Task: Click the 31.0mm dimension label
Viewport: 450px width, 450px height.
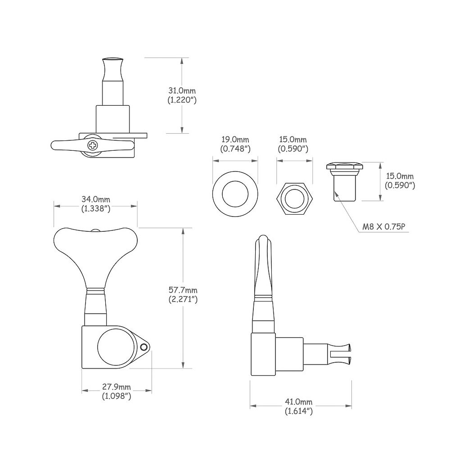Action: (x=182, y=91)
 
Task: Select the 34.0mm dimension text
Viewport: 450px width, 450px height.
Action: (x=96, y=199)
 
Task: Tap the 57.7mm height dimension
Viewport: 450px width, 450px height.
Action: (x=183, y=290)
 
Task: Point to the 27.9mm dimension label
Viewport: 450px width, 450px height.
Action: (x=117, y=387)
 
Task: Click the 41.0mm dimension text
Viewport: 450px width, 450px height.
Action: (x=298, y=402)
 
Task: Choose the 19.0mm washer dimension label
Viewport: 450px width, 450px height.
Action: (x=235, y=140)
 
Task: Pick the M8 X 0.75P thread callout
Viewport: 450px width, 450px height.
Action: (x=384, y=227)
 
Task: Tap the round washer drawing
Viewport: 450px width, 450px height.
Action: (x=235, y=194)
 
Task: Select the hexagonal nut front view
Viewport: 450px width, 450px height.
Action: (x=295, y=198)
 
